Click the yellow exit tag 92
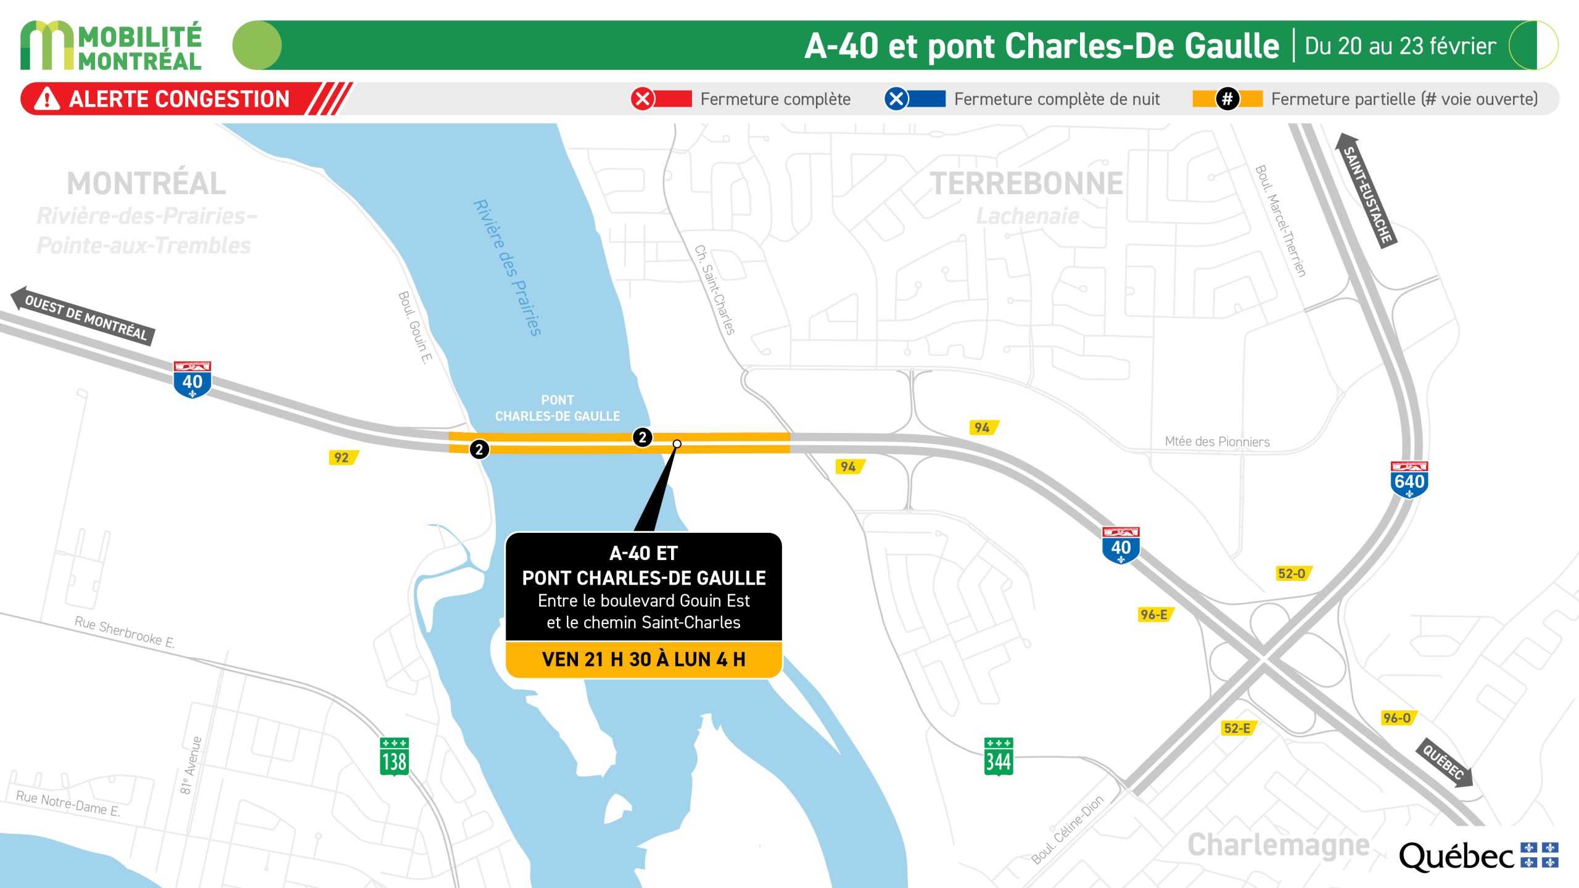coord(342,458)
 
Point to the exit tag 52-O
coord(1292,573)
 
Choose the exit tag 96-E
coord(1154,614)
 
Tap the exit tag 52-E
coord(1238,728)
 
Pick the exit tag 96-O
coord(1397,718)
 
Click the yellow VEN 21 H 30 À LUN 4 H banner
coord(643,659)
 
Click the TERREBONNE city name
coord(1026,184)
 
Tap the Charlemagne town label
coord(1278,845)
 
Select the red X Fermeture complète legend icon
coord(642,99)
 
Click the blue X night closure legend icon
coord(896,99)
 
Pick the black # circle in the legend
coord(1227,99)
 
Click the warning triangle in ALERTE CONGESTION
coord(47,99)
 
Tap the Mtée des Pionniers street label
coord(1217,442)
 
